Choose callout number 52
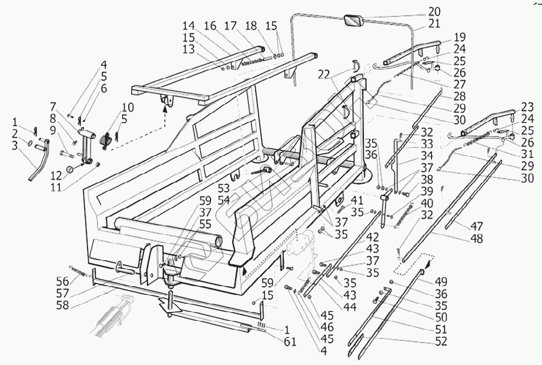click(x=440, y=341)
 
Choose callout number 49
click(x=440, y=281)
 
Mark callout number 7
click(x=53, y=107)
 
